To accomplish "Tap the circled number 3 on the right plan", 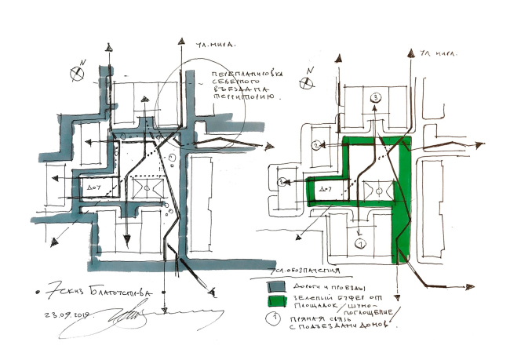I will click(375, 97).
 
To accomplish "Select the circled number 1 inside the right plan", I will click(360, 244).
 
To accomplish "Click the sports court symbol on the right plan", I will click(377, 190).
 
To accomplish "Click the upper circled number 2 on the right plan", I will click(315, 145).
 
